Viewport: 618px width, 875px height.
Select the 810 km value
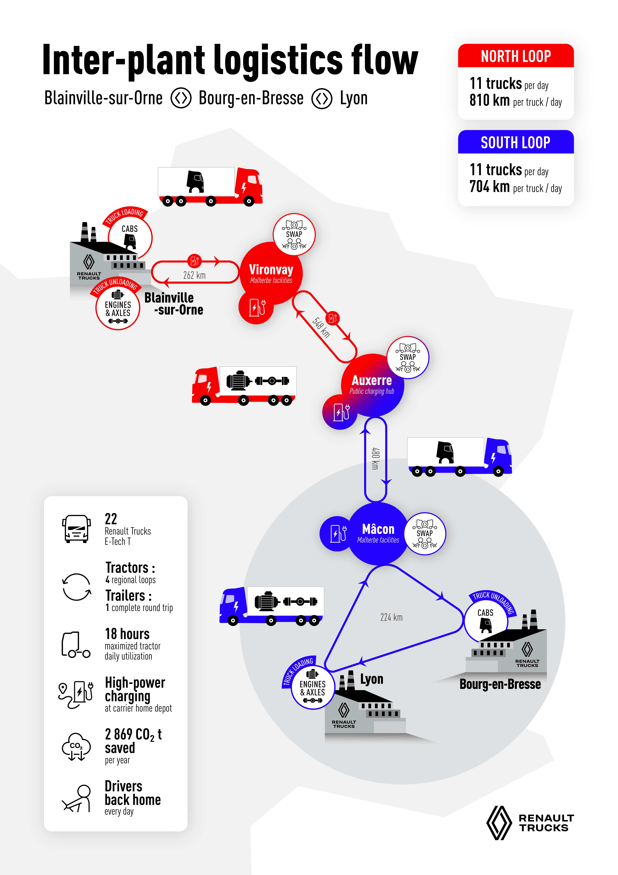[x=489, y=100]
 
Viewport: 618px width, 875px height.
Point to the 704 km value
[x=489, y=187]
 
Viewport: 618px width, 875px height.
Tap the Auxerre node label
[x=372, y=380]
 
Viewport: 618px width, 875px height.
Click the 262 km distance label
[x=194, y=275]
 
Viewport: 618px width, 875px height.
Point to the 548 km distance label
[x=321, y=327]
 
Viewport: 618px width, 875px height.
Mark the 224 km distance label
[x=391, y=617]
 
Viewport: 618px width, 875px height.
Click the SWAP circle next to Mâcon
[x=425, y=533]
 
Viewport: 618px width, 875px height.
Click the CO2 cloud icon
[x=76, y=747]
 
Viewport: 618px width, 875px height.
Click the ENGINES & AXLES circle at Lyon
[x=312, y=688]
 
